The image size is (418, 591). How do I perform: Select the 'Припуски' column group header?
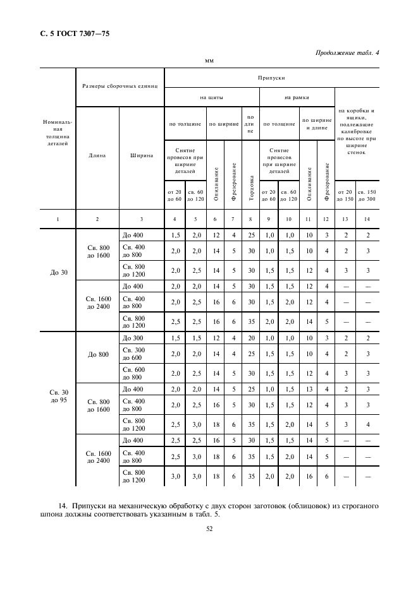[x=271, y=78]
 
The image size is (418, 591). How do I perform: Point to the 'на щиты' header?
[x=211, y=97]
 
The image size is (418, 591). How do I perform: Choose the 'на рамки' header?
[x=296, y=97]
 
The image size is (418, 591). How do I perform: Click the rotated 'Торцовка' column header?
[x=250, y=187]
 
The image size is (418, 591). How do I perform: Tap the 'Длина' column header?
[x=97, y=155]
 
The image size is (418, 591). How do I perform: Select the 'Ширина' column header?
[x=141, y=155]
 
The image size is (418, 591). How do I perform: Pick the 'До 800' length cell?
[x=97, y=354]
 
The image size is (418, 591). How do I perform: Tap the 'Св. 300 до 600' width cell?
[x=133, y=354]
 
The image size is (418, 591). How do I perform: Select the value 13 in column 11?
[x=308, y=389]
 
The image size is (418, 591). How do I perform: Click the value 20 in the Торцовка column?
[x=250, y=338]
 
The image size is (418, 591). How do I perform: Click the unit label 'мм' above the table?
[x=209, y=62]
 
